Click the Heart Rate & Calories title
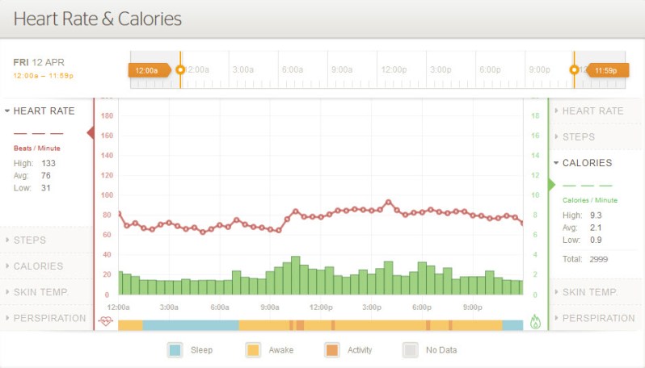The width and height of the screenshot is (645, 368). click(98, 19)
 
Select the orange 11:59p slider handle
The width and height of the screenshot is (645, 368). click(606, 70)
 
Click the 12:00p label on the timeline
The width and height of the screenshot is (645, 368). click(394, 70)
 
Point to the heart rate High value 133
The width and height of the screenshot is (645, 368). click(48, 163)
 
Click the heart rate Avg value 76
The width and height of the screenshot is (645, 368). click(46, 175)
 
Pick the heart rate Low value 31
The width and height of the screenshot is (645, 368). click(46, 188)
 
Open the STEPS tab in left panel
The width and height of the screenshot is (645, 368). click(30, 240)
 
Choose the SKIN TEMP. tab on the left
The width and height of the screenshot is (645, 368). click(40, 292)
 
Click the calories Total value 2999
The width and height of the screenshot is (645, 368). click(598, 259)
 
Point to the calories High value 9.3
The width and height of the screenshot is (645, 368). click(597, 215)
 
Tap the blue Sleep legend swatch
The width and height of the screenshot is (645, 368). click(175, 349)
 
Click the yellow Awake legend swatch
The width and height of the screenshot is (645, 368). click(253, 349)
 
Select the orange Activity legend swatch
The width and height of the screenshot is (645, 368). click(332, 349)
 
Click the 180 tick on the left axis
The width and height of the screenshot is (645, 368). click(107, 116)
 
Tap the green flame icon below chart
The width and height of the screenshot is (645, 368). click(535, 321)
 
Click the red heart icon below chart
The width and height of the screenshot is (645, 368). click(106, 321)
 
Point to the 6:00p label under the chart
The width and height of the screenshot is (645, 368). click(421, 307)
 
